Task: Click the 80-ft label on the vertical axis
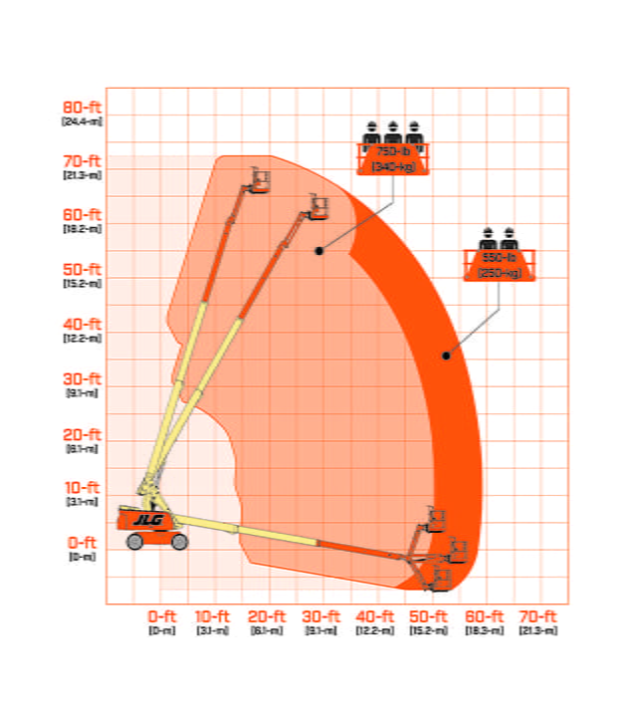point(82,107)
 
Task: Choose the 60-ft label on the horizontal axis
point(484,616)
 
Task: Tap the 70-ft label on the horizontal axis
point(538,616)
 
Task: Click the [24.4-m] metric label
point(82,121)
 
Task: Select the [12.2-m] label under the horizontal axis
point(375,630)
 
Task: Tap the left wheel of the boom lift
point(135,541)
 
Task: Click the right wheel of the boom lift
point(179,541)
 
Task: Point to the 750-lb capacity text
point(393,151)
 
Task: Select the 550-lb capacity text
point(500,257)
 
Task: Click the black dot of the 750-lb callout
point(319,250)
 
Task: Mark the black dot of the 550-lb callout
point(446,356)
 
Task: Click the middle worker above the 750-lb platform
point(393,132)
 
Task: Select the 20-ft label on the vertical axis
point(82,434)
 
